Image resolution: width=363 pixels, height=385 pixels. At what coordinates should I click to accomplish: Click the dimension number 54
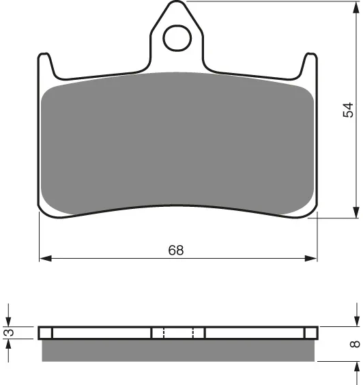click(348, 110)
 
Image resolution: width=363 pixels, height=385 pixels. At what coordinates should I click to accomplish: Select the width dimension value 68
click(176, 251)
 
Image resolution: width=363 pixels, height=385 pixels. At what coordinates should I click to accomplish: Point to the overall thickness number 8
click(355, 344)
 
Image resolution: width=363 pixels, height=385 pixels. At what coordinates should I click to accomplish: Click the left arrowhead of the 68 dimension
click(46, 258)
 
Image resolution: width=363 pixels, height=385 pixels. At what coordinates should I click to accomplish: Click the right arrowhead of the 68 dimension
click(310, 258)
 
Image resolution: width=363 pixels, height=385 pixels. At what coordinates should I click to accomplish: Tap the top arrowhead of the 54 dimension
click(356, 8)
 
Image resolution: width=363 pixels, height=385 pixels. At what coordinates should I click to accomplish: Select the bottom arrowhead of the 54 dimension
click(356, 212)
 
